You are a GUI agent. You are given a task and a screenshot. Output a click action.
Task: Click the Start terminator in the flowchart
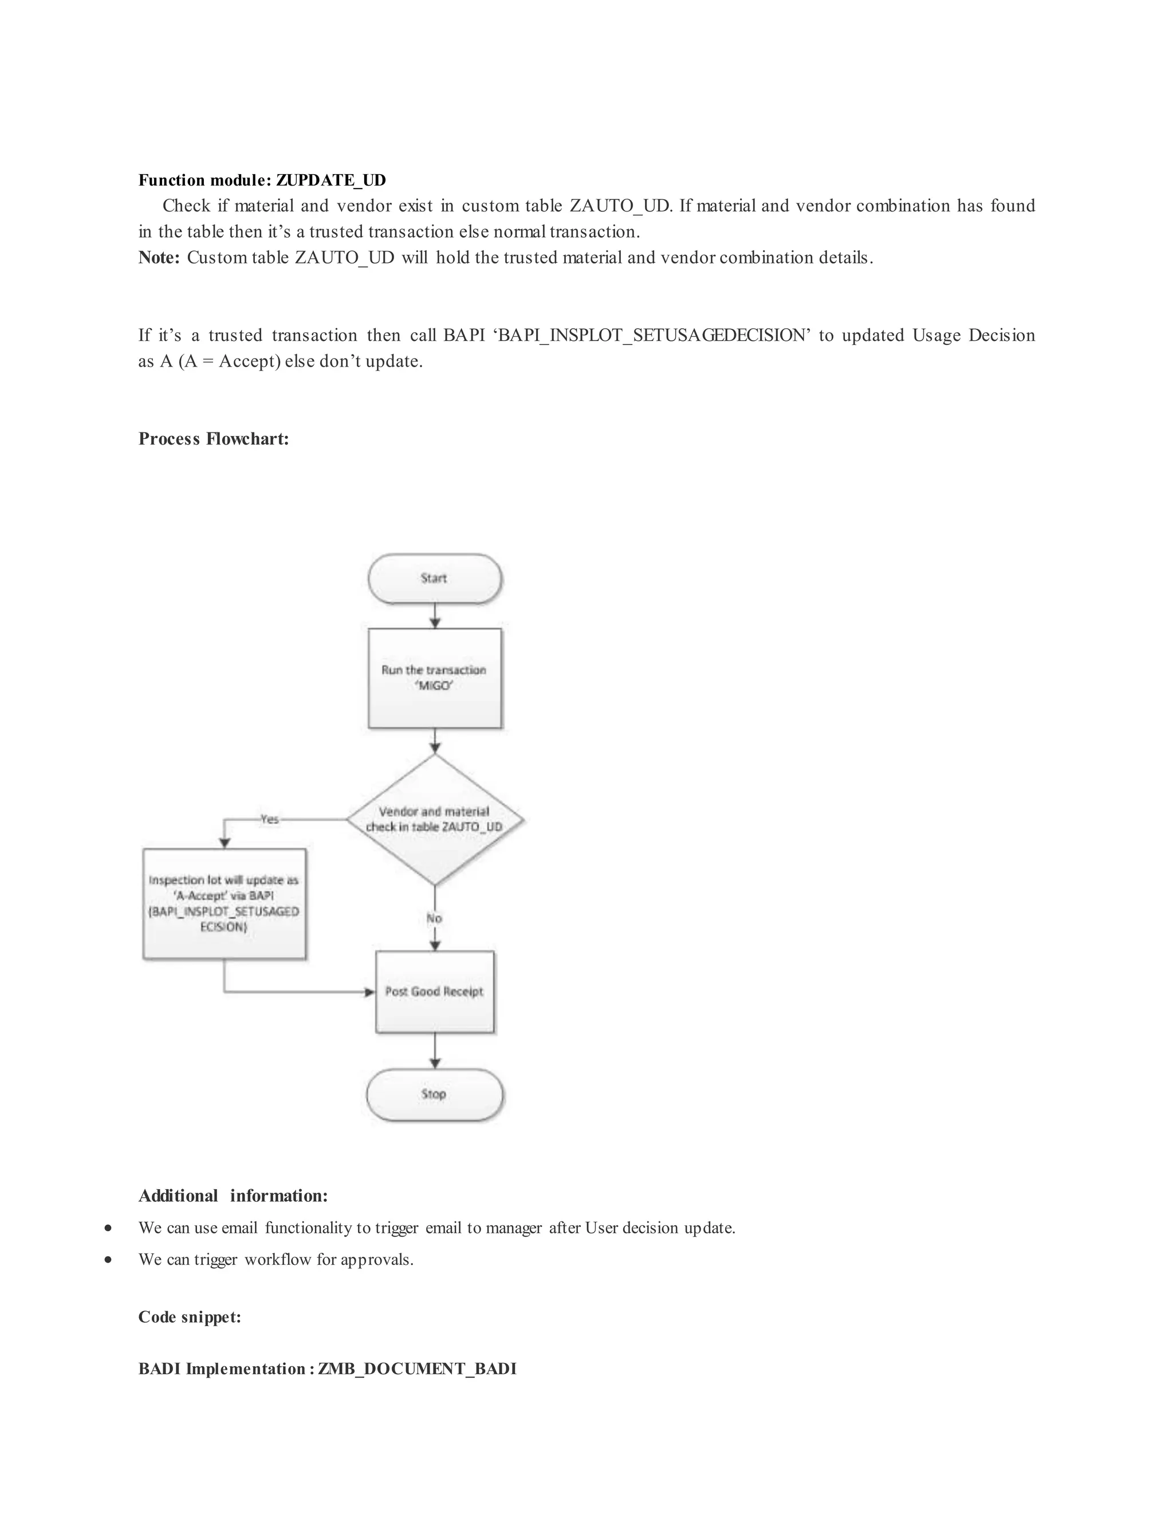(x=434, y=579)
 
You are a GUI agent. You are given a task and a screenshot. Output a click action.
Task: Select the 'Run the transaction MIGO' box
(x=434, y=678)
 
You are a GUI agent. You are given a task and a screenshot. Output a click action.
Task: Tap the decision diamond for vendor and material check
(x=434, y=820)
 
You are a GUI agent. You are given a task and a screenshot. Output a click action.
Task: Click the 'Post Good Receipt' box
(x=434, y=991)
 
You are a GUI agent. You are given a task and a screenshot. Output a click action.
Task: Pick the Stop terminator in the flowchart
(x=434, y=1094)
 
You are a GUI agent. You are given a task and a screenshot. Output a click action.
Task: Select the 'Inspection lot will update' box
(x=224, y=903)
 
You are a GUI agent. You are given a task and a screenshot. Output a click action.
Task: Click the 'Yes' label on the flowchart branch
(x=269, y=820)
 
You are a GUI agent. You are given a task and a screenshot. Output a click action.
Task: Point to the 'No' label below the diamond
(x=434, y=918)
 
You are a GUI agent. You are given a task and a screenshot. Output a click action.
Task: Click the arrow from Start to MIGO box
(x=434, y=616)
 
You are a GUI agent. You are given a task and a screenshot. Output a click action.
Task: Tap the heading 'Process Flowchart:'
(x=213, y=439)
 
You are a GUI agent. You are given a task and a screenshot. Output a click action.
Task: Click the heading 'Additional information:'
(x=233, y=1195)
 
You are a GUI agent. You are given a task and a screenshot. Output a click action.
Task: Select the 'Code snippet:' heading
(x=190, y=1317)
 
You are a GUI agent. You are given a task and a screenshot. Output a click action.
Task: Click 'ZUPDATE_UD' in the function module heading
(x=331, y=180)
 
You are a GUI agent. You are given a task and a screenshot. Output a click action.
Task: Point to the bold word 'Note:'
(x=159, y=258)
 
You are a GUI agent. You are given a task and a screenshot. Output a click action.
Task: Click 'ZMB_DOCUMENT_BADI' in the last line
(x=417, y=1368)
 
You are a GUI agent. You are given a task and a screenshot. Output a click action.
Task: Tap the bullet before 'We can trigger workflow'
(x=108, y=1260)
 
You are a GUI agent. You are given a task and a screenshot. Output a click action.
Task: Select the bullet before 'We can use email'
(x=108, y=1228)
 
